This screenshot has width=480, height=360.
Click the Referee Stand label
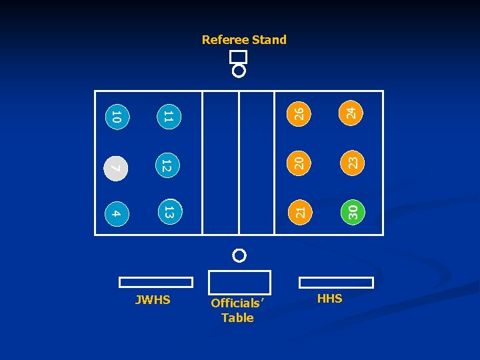(244, 40)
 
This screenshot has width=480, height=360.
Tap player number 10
(116, 117)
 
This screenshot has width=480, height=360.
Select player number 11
(169, 117)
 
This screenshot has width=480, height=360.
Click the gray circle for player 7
(116, 167)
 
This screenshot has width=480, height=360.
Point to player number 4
(116, 213)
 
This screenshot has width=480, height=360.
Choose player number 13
(169, 213)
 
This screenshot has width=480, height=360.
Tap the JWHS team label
(153, 300)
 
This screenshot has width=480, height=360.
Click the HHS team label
(329, 299)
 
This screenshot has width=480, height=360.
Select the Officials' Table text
(237, 311)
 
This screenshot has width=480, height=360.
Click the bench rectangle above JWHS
(155, 282)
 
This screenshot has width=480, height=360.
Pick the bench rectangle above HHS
(336, 282)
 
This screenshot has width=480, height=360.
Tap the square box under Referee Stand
(238, 57)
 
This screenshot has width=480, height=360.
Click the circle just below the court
(239, 255)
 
